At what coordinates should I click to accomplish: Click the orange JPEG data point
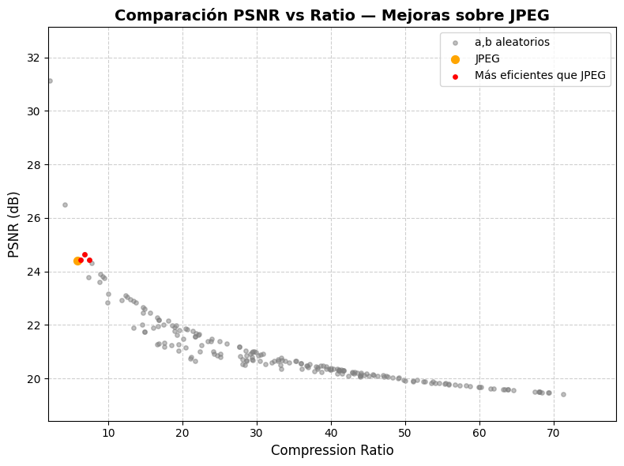(x=77, y=261)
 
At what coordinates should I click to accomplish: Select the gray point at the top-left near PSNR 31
(x=50, y=81)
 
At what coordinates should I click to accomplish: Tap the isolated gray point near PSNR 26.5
(x=65, y=205)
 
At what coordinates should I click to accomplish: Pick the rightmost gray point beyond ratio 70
(x=563, y=394)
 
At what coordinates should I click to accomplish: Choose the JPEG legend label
(x=487, y=59)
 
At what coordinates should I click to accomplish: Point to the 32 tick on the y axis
(x=36, y=58)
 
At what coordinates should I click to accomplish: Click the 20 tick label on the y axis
(x=36, y=378)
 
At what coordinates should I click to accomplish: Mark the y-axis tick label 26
(x=36, y=218)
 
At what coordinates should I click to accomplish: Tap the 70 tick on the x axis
(x=554, y=432)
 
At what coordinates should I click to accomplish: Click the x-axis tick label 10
(x=108, y=432)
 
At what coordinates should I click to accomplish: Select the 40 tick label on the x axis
(x=331, y=432)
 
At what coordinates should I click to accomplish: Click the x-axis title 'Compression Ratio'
(x=332, y=450)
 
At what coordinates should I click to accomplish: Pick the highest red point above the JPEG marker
(x=85, y=254)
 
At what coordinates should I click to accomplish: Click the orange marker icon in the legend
(x=455, y=59)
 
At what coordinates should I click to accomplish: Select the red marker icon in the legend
(x=455, y=76)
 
